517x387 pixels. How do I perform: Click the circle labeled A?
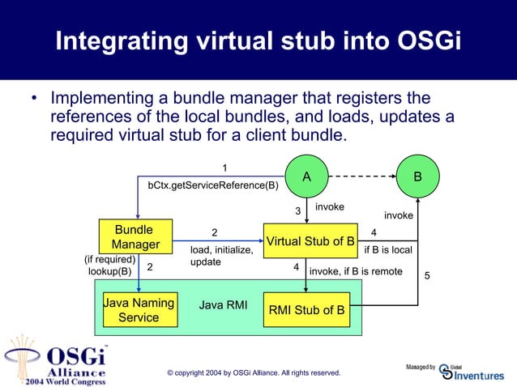point(306,176)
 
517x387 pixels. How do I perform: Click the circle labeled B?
point(417,176)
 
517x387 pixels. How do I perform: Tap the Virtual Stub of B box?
point(311,240)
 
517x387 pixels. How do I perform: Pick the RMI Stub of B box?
point(306,309)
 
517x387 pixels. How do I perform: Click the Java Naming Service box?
point(139,310)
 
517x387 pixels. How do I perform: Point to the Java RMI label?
point(223,306)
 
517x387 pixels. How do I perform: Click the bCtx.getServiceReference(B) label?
point(212,185)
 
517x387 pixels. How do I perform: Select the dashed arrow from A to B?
point(361,176)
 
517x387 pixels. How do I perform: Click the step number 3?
point(297,211)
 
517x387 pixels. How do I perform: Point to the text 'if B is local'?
point(388,250)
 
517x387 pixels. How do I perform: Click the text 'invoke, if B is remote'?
point(356,271)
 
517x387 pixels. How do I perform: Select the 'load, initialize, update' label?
point(221,257)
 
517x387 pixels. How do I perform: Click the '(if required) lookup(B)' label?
point(109,266)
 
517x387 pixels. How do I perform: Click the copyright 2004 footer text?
point(253,372)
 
